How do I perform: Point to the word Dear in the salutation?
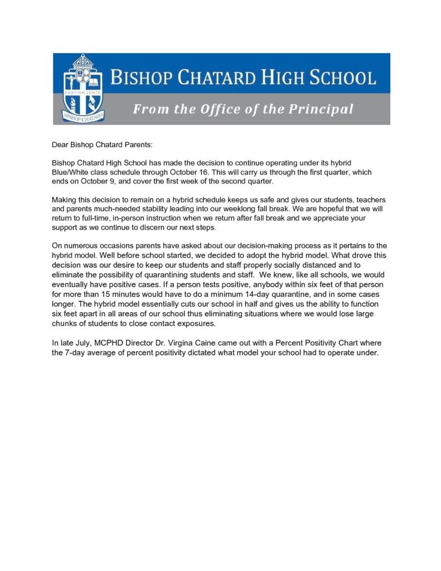click(61, 145)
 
